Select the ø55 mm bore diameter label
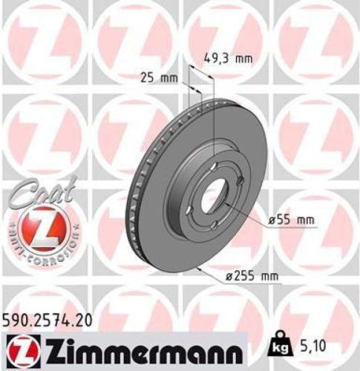pyautogui.click(x=292, y=220)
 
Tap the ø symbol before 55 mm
pyautogui.click(x=271, y=220)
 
